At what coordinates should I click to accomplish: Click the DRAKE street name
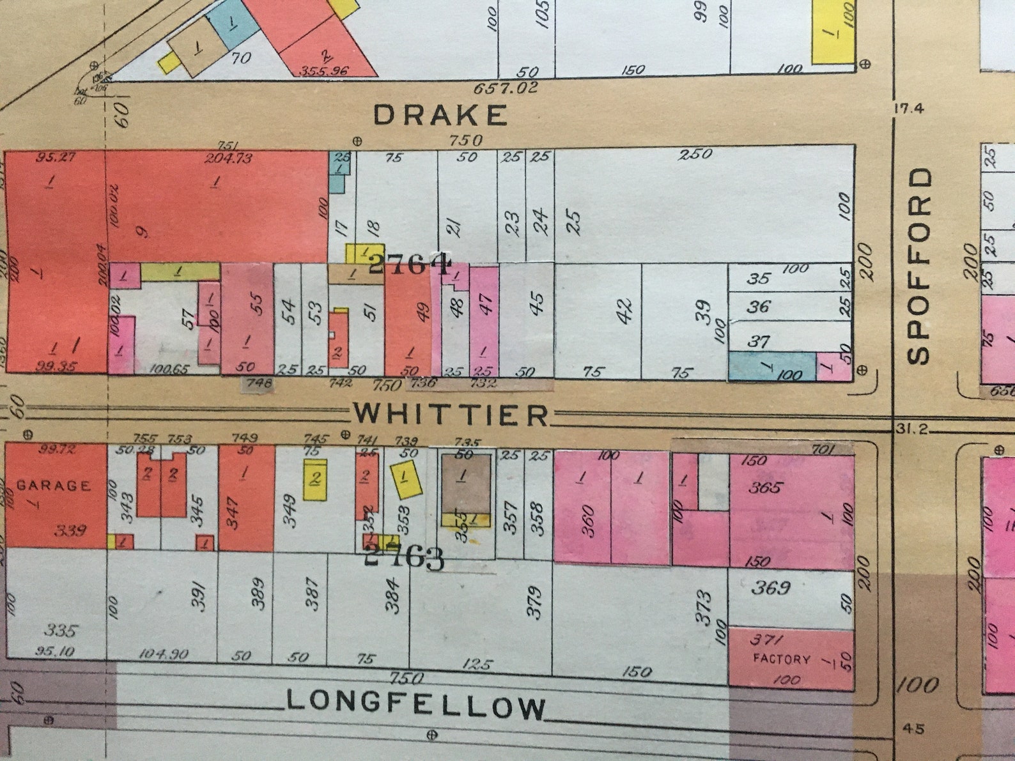(440, 116)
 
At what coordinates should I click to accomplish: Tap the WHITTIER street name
(451, 415)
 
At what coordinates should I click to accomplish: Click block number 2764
(409, 263)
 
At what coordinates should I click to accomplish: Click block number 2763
(403, 558)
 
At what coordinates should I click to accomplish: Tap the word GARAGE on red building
(54, 486)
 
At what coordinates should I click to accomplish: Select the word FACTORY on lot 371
(781, 659)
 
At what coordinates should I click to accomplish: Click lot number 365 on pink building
(766, 488)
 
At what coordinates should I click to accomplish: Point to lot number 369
(771, 587)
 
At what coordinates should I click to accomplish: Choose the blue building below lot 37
(771, 366)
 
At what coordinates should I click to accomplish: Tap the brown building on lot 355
(466, 483)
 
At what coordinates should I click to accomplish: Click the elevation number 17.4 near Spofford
(908, 109)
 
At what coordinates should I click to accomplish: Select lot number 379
(534, 601)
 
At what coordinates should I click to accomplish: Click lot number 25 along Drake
(573, 222)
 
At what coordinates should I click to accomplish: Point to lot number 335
(61, 631)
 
